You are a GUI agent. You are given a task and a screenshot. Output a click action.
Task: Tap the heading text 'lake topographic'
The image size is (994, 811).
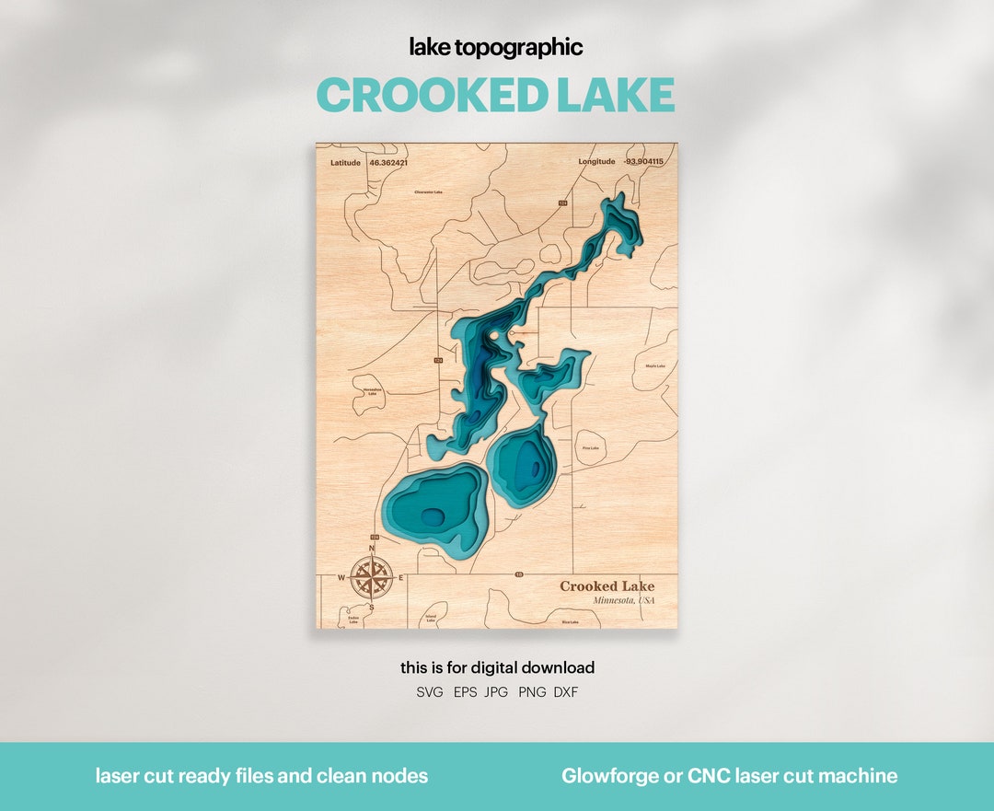click(x=496, y=48)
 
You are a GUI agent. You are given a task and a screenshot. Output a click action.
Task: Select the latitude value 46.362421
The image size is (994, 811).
click(x=387, y=162)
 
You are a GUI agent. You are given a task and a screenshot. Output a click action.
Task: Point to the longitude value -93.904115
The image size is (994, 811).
click(x=643, y=162)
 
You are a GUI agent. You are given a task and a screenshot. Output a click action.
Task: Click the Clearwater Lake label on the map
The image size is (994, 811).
click(x=428, y=192)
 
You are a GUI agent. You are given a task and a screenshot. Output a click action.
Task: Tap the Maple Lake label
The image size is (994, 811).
click(x=655, y=366)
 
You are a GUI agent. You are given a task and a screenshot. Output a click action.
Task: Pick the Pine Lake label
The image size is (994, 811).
click(x=590, y=448)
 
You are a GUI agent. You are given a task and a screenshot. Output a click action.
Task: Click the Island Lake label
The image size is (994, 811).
click(x=431, y=619)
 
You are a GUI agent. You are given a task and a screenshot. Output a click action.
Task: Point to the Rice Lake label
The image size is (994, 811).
click(x=570, y=622)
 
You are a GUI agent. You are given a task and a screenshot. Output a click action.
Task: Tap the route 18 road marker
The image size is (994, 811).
click(x=519, y=574)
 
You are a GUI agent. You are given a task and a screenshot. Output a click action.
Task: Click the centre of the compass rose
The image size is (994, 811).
click(x=371, y=578)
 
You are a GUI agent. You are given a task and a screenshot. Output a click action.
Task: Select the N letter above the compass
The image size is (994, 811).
click(x=372, y=550)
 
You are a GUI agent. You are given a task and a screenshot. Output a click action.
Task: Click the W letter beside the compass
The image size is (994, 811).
click(x=341, y=579)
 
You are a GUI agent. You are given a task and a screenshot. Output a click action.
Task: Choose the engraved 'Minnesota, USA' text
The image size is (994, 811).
click(x=624, y=600)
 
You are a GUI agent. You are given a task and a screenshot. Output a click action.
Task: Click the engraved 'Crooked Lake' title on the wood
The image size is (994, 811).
click(x=607, y=586)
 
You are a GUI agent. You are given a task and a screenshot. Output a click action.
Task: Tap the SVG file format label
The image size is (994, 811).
click(x=430, y=692)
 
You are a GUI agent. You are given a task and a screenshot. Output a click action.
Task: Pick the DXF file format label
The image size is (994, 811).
click(x=566, y=692)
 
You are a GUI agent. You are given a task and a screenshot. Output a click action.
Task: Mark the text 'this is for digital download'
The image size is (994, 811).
click(x=497, y=667)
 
